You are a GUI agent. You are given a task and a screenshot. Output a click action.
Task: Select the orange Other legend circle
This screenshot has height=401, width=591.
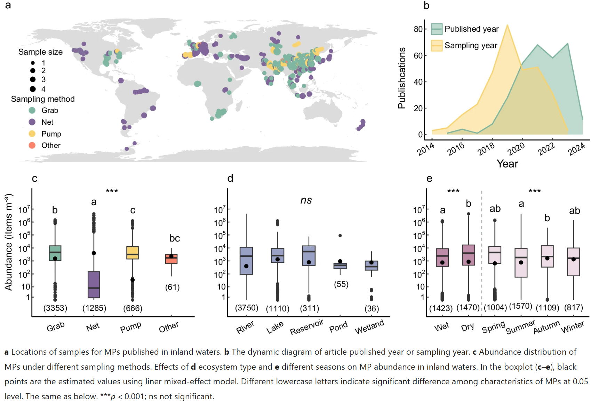(32, 145)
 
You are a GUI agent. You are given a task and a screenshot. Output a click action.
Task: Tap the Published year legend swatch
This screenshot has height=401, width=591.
(437, 29)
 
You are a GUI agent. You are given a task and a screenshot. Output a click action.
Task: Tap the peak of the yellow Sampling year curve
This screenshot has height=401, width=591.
(508, 25)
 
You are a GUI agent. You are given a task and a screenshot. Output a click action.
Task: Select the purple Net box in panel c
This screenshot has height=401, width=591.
(94, 284)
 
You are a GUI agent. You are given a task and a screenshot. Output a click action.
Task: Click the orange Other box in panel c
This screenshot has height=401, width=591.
(171, 259)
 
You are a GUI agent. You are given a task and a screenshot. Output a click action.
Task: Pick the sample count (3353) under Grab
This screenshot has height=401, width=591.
(55, 308)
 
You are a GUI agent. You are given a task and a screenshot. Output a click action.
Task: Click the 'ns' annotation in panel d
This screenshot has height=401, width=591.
(306, 200)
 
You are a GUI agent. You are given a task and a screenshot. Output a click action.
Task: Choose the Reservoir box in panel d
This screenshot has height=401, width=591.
(309, 256)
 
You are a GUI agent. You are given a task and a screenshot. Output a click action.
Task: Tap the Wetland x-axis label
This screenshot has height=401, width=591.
(369, 327)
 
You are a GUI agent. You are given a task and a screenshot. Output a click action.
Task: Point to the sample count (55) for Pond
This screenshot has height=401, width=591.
(341, 284)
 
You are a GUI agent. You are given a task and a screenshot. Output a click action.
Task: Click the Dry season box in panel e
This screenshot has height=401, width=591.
(469, 255)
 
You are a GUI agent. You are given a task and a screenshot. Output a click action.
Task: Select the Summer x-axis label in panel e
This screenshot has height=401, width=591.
(520, 327)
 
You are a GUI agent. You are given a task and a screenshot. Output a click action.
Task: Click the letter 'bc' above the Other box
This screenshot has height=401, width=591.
(175, 238)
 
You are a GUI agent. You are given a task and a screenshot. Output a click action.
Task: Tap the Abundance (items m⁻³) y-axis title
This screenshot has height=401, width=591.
(8, 242)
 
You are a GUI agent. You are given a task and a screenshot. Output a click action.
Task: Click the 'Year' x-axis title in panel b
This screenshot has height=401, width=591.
(507, 163)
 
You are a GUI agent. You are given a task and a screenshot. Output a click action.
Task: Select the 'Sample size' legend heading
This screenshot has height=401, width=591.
(40, 52)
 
